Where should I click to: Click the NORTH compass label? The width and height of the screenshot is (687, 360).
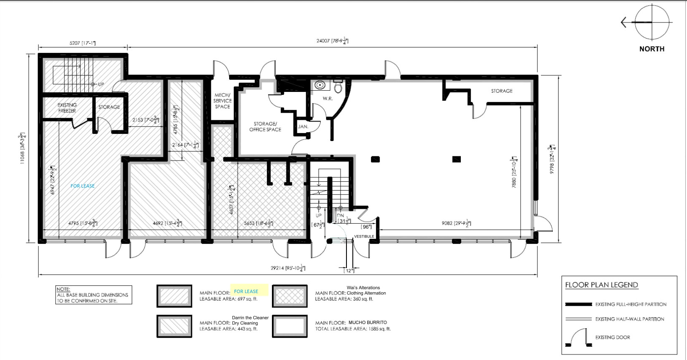(x=651, y=49)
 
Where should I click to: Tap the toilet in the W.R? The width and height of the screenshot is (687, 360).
(x=338, y=87)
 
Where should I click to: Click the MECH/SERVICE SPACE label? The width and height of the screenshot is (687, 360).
(x=222, y=101)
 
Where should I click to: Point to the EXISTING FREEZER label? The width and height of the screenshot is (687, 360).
(x=67, y=108)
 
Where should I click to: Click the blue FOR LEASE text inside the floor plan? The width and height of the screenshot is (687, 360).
(x=83, y=186)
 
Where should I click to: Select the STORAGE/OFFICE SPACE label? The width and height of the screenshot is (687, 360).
(x=265, y=127)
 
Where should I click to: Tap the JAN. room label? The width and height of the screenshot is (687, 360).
(x=303, y=126)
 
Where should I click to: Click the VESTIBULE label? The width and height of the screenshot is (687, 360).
(x=364, y=236)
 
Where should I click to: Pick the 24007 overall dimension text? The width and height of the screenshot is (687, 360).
(x=332, y=41)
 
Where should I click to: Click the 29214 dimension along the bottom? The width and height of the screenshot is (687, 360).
(x=288, y=268)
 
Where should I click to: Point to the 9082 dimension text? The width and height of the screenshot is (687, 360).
(x=456, y=223)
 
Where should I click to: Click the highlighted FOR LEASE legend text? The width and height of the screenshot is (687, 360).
(x=246, y=291)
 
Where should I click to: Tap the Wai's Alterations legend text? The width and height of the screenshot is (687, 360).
(x=363, y=288)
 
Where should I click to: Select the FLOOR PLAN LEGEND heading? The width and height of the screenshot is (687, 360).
(x=601, y=285)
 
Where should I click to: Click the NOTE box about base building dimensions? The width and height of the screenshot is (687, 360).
(x=94, y=295)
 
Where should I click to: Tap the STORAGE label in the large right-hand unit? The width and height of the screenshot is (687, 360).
(x=501, y=91)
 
